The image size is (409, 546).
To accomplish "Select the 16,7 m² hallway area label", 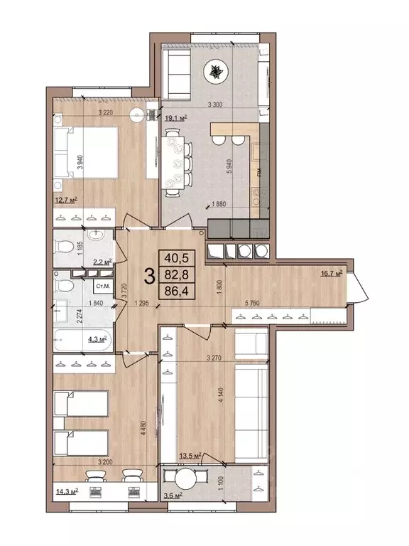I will (x=332, y=272).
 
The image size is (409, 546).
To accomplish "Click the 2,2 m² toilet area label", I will (x=104, y=262).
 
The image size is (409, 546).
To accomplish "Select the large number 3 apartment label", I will (x=150, y=276).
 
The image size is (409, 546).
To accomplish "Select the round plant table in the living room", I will (x=214, y=71).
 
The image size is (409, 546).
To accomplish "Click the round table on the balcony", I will (x=187, y=478).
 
